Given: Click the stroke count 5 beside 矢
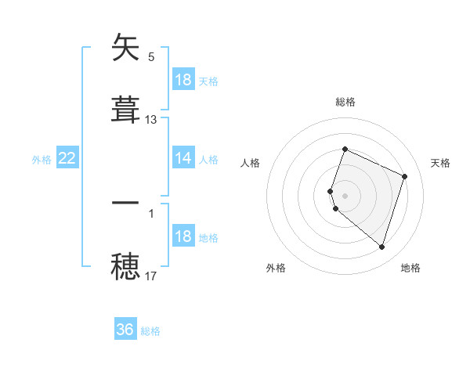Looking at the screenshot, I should [151, 57].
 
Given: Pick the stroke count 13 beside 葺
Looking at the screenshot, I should [151, 120].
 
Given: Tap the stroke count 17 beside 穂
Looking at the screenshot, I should [151, 276].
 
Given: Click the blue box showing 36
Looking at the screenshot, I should [125, 330].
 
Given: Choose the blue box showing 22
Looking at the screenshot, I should [67, 158].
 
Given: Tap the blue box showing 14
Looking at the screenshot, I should [183, 158].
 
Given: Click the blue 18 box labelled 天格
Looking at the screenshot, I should [183, 80].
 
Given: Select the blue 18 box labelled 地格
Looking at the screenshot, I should [183, 236].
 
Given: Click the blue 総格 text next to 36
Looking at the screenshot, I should [150, 331].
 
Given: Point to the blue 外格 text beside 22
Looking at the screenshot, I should [42, 160].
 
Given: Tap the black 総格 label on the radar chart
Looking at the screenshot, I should [345, 102].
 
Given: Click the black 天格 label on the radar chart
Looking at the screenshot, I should [441, 163].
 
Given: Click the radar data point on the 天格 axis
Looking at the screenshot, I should [405, 176].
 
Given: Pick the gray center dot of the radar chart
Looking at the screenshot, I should [345, 195].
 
